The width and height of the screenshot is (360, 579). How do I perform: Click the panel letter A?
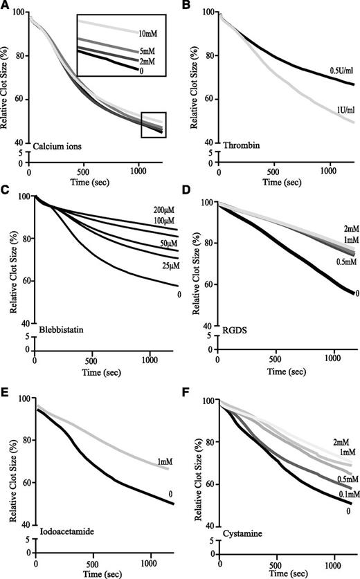pos(7,6)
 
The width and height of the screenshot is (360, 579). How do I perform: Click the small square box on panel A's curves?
pos(152,125)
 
